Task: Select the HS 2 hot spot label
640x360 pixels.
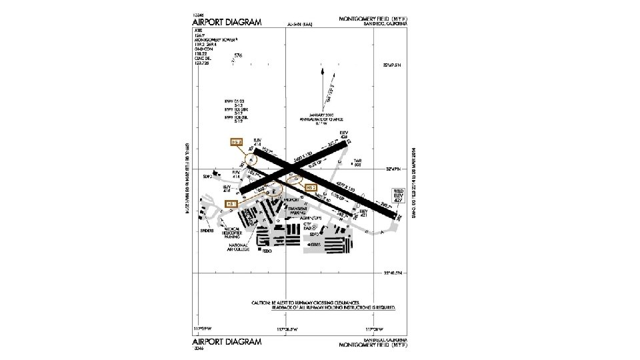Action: (311, 188)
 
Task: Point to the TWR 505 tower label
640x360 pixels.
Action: (357, 163)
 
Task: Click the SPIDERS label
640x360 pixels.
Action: (207, 231)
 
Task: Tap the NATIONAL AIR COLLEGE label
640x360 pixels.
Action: (237, 247)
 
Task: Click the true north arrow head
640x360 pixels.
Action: (322, 69)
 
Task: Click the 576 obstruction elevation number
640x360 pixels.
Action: (238, 56)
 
